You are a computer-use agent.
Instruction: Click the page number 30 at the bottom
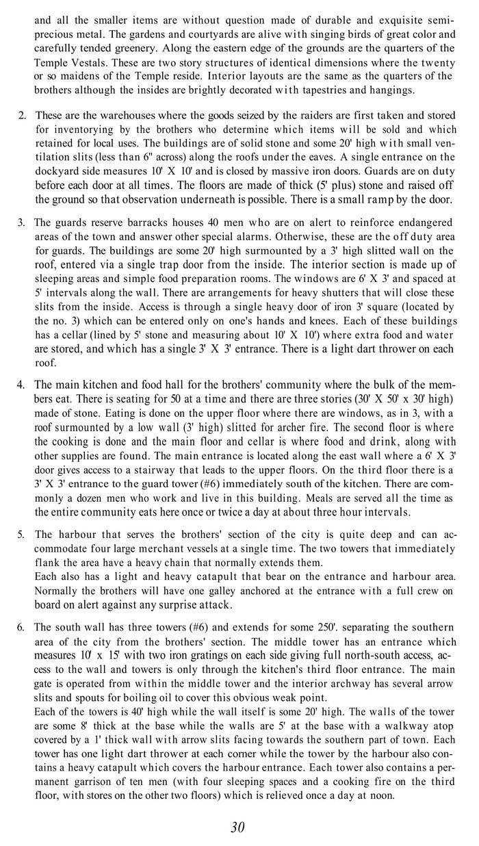pyautogui.click(x=237, y=827)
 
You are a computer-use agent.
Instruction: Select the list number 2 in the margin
pyautogui.click(x=22, y=115)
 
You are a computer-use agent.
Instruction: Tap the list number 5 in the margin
pyautogui.click(x=21, y=534)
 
